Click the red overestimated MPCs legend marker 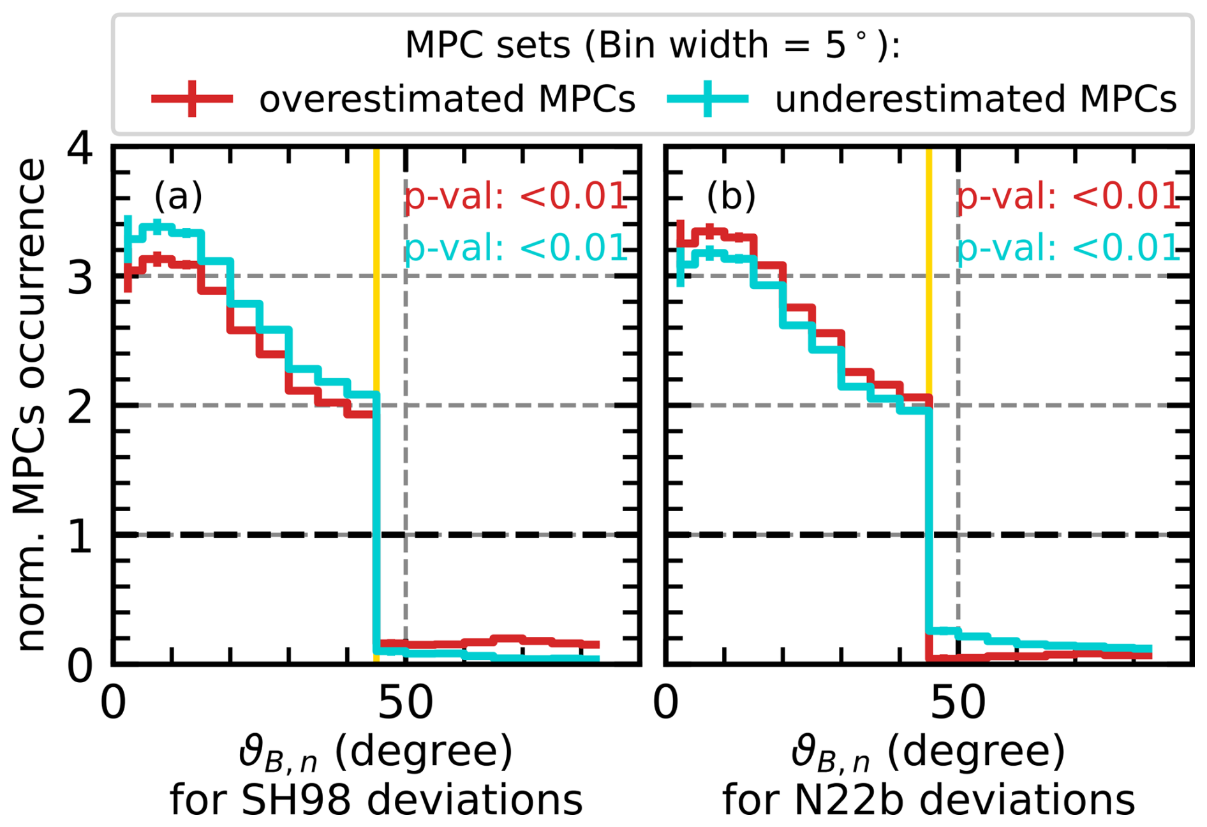click(192, 99)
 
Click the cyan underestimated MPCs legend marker click(707, 99)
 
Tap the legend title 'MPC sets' click(487, 45)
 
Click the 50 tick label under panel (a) click(405, 703)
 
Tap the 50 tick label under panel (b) click(958, 703)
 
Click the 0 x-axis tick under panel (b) click(666, 703)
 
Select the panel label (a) click(178, 195)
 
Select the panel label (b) click(731, 195)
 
